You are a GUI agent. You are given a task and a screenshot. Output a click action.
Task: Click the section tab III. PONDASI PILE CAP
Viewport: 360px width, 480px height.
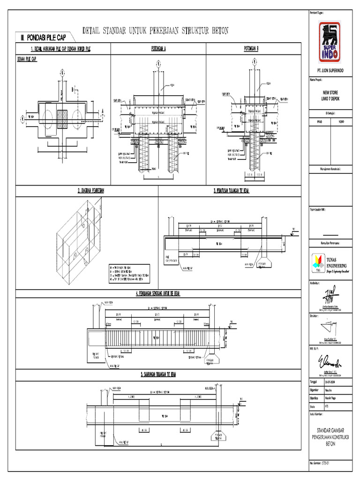point(44,37)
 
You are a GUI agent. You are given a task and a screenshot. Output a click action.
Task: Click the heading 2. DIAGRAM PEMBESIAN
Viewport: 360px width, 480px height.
point(87,191)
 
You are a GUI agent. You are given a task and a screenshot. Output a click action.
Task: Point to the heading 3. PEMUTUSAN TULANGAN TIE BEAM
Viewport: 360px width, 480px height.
point(231,191)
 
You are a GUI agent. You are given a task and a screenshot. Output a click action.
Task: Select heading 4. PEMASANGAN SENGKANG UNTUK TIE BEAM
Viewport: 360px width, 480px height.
point(155,293)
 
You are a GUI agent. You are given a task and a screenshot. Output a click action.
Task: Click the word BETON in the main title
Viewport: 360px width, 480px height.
point(218,31)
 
